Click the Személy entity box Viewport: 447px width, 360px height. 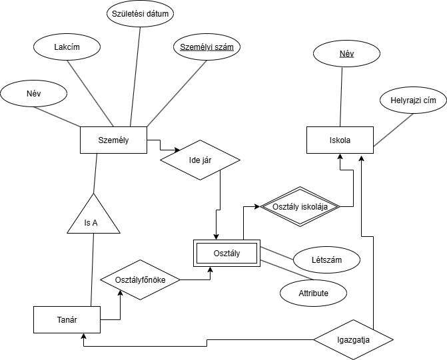click(113, 140)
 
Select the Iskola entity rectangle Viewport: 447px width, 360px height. click(340, 140)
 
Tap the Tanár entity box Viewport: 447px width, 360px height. click(67, 319)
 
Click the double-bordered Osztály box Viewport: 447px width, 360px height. click(226, 253)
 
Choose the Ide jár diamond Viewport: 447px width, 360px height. click(200, 159)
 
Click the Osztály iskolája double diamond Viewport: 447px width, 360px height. click(300, 206)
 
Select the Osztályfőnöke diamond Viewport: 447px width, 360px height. click(140, 279)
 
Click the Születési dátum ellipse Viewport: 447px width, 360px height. click(140, 13)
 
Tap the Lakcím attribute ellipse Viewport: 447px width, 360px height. click(67, 47)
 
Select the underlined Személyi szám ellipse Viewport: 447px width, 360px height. click(207, 47)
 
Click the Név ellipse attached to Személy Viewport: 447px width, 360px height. click(33, 93)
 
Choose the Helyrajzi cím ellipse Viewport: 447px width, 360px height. click(413, 100)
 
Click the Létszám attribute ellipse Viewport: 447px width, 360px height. click(326, 260)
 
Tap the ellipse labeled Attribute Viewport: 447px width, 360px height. click(313, 292)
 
